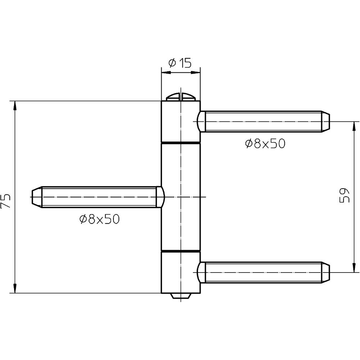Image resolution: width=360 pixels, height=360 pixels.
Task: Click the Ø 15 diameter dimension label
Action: point(180,63)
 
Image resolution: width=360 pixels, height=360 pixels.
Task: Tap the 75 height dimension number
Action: point(5,201)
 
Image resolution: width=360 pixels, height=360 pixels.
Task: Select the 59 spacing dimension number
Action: point(344,195)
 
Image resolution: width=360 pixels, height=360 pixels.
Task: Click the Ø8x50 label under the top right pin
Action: point(265,144)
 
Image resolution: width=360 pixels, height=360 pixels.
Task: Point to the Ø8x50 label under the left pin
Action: point(99,219)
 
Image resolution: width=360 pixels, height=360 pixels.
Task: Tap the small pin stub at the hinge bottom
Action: point(180,296)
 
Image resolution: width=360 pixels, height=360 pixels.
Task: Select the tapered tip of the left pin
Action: point(36,197)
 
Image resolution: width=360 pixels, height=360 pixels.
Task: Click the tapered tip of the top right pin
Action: point(325,121)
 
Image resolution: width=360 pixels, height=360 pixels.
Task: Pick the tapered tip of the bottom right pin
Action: point(325,272)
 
